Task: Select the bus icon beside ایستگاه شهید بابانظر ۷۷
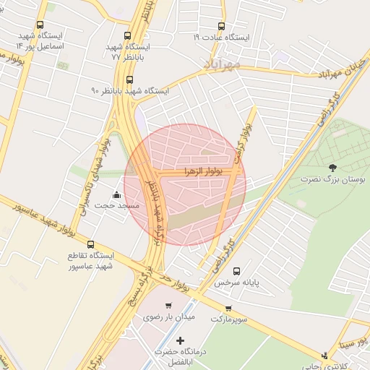(127, 35)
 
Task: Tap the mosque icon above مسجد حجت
(117, 195)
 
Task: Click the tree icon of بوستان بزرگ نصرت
(332, 168)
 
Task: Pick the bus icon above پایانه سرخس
(237, 271)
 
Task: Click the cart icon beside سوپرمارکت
(228, 307)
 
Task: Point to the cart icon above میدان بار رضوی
(168, 305)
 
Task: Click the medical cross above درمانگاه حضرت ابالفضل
(180, 340)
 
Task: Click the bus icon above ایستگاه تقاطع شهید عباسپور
(90, 244)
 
